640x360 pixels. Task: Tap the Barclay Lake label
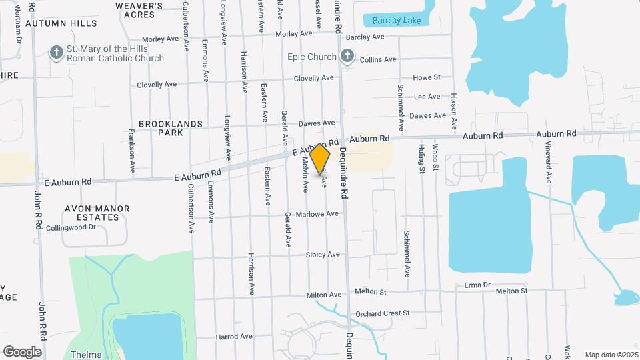pyautogui.click(x=397, y=21)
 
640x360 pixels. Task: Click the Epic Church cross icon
pyautogui.click(x=347, y=57)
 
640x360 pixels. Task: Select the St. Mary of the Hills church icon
pyautogui.click(x=57, y=52)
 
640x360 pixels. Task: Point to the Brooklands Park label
pyautogui.click(x=161, y=128)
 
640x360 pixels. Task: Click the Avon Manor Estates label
pyautogui.click(x=97, y=213)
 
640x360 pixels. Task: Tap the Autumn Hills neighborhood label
pyautogui.click(x=61, y=23)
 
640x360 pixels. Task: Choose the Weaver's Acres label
pyautogui.click(x=139, y=9)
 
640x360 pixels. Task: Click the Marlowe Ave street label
pyautogui.click(x=322, y=214)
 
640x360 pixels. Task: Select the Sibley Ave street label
pyautogui.click(x=323, y=254)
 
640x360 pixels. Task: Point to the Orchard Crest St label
pyautogui.click(x=382, y=313)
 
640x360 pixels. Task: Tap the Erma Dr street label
pyautogui.click(x=477, y=285)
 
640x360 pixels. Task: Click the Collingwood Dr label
pyautogui.click(x=71, y=227)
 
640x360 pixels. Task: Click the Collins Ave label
pyautogui.click(x=378, y=59)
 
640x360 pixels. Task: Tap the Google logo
pyautogui.click(x=22, y=352)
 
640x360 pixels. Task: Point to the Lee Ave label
pyautogui.click(x=427, y=97)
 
